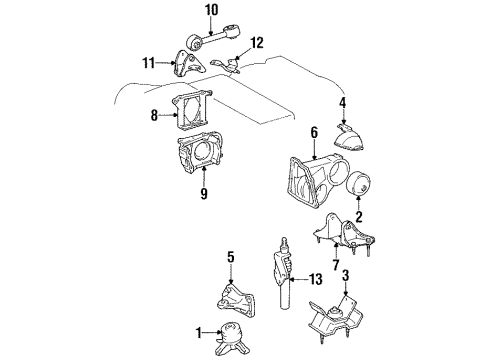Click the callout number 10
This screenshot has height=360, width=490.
[211, 11]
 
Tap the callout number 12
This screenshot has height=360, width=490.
[257, 42]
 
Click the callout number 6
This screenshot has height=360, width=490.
[286, 132]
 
